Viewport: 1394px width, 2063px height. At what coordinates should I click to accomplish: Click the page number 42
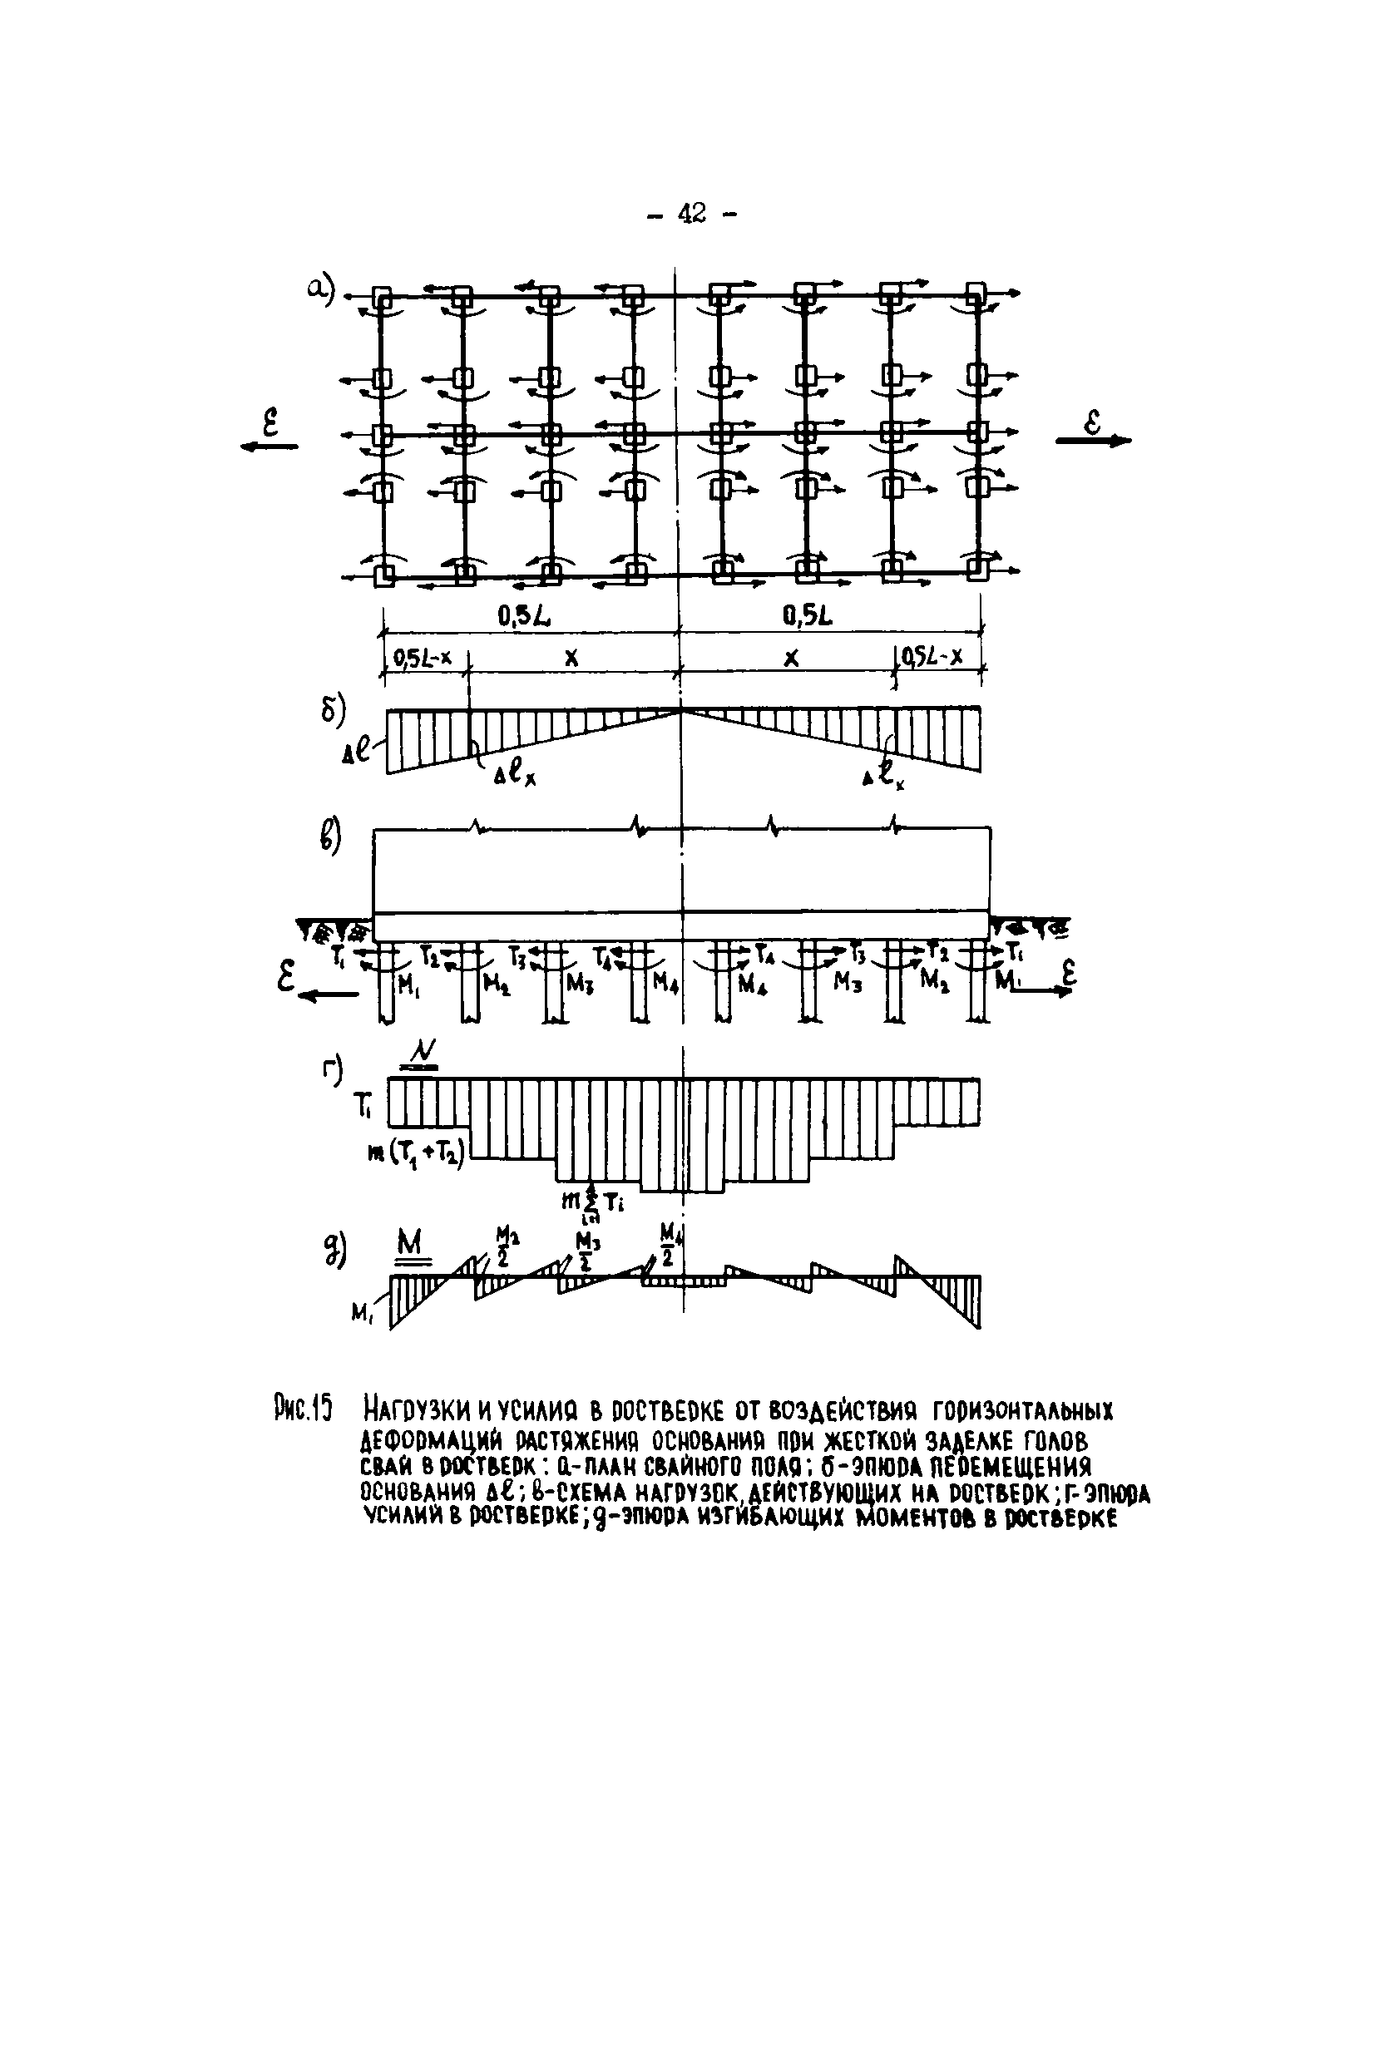click(x=692, y=213)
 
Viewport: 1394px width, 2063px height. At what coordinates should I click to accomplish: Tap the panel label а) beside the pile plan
click(x=319, y=289)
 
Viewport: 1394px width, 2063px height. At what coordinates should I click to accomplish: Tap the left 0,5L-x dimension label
click(x=423, y=658)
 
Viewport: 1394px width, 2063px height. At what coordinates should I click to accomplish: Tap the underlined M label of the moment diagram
click(x=410, y=1245)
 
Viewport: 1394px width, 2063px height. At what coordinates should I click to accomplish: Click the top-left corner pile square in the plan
click(x=382, y=294)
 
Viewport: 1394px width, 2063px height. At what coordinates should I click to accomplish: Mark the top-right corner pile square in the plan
click(x=976, y=293)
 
